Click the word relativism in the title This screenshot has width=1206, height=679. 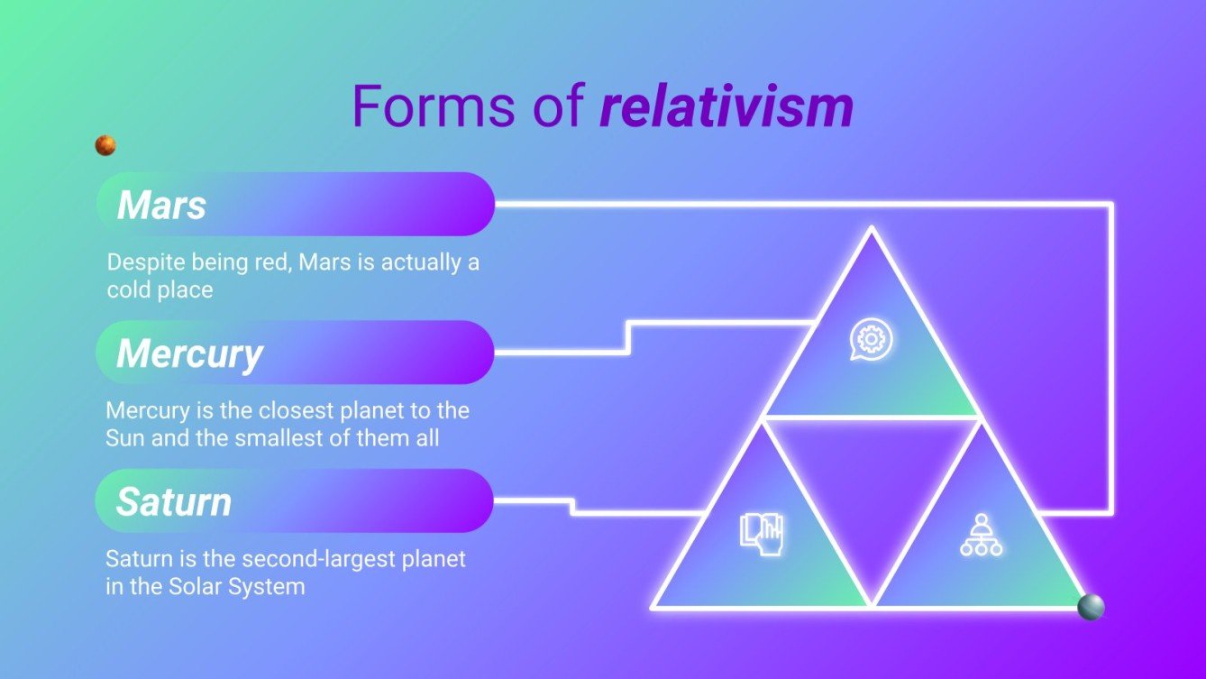pyautogui.click(x=726, y=106)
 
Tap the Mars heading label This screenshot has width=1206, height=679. pyautogui.click(x=161, y=206)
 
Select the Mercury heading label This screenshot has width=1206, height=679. pyautogui.click(x=189, y=353)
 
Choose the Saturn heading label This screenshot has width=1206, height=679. pyautogui.click(x=173, y=502)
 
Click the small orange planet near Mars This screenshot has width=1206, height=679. pyautogui.click(x=105, y=145)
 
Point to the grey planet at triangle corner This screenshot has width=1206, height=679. pyautogui.click(x=1091, y=607)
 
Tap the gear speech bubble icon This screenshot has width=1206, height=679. pyautogui.click(x=871, y=341)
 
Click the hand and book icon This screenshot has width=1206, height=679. pyautogui.click(x=762, y=533)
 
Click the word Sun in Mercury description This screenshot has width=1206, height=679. pyautogui.click(x=124, y=439)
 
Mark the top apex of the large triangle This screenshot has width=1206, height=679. pyautogui.click(x=871, y=230)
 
